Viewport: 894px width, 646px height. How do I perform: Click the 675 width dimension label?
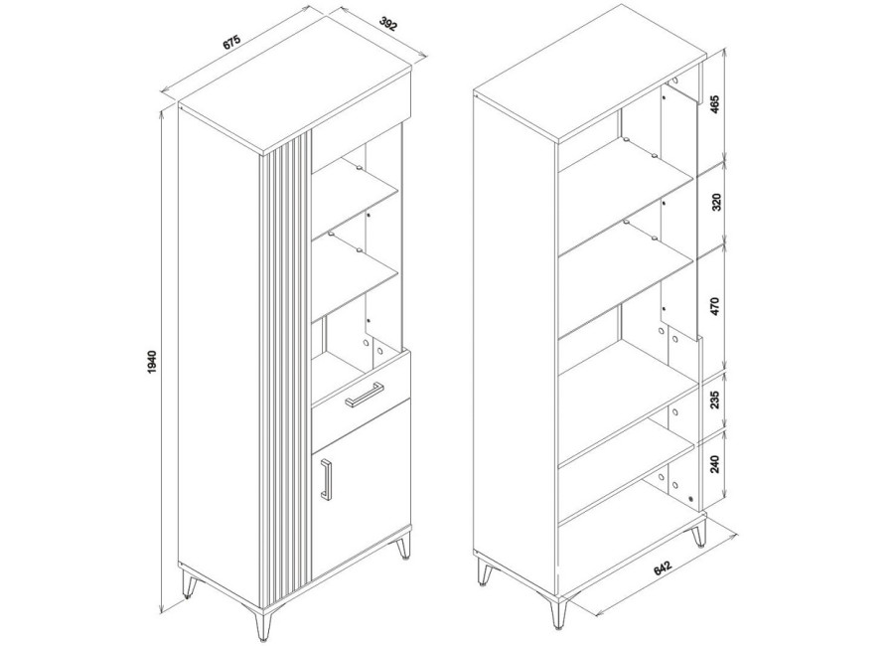pos(232,44)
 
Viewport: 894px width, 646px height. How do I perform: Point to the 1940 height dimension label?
pos(152,361)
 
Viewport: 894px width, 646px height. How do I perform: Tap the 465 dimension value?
pos(716,104)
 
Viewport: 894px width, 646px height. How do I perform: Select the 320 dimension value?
pos(716,202)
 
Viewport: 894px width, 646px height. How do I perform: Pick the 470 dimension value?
pos(716,306)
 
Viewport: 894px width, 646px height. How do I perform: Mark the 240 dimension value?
pos(716,462)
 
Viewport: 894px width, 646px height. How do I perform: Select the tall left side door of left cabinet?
pos(220,357)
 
